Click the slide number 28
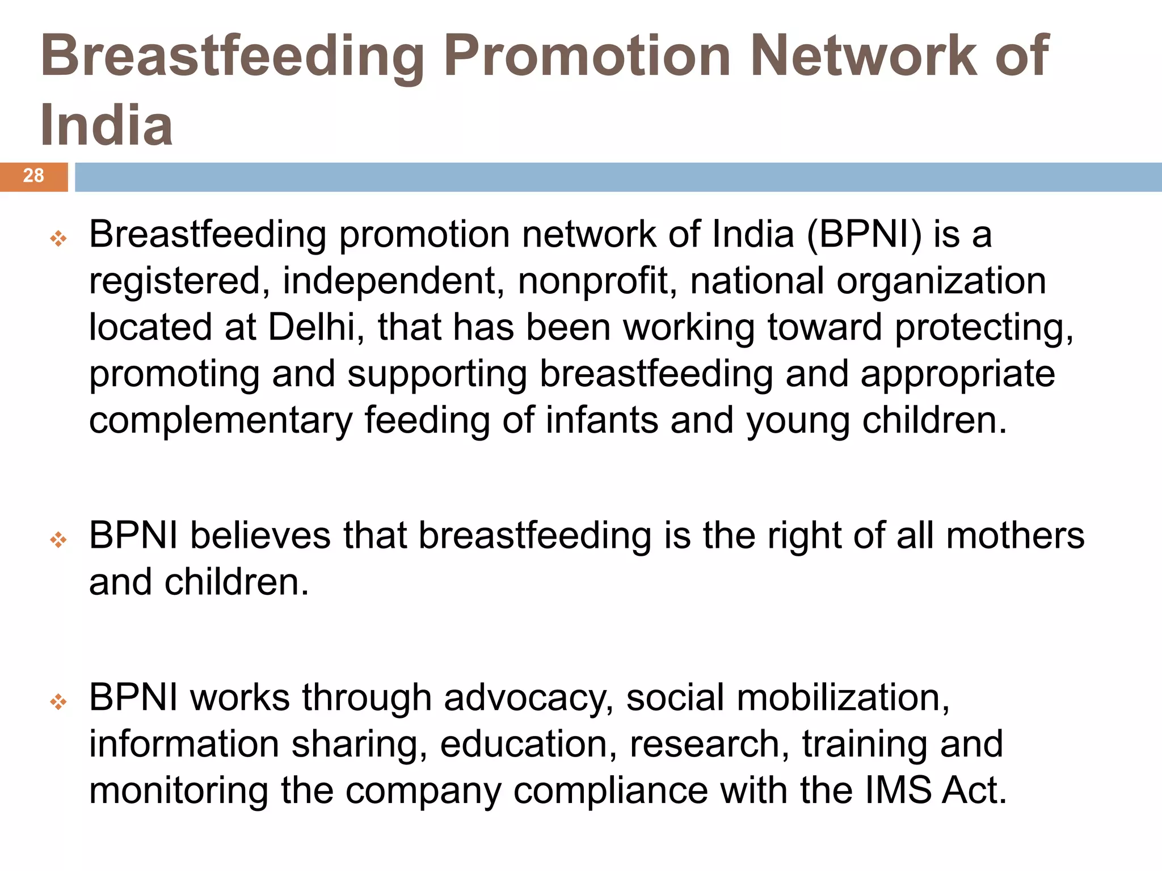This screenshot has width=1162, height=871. pos(33,176)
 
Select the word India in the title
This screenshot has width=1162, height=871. pos(107,125)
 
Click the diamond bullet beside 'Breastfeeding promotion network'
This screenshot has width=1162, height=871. pos(58,239)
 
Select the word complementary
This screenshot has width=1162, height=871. pos(221,421)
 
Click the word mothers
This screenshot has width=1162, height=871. pos(1015,535)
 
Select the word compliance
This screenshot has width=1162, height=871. pos(611,791)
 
